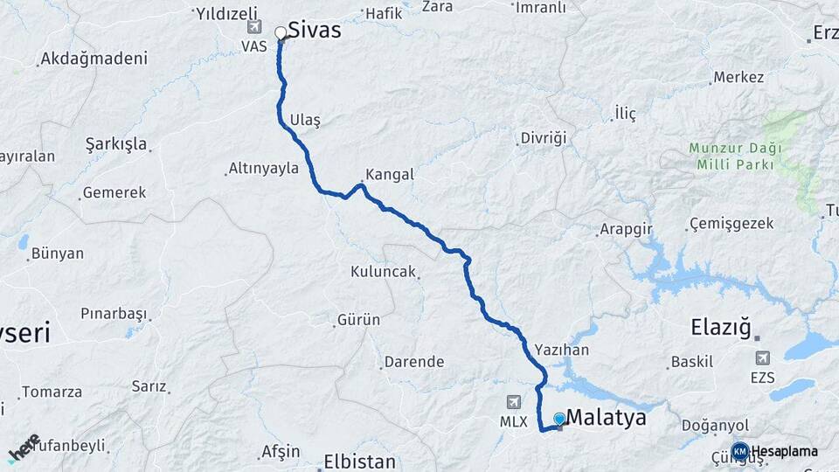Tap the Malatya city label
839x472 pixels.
click(607, 418)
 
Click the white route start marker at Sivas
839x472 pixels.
click(281, 34)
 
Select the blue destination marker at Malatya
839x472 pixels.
click(559, 420)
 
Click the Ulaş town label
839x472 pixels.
click(305, 121)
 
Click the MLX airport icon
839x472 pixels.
click(514, 401)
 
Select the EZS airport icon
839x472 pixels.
click(762, 358)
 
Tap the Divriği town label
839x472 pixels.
click(544, 138)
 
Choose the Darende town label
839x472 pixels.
click(416, 362)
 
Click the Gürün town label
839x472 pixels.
click(360, 320)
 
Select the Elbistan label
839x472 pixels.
click(359, 461)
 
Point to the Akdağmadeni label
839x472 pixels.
click(94, 59)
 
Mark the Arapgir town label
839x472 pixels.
click(626, 230)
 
